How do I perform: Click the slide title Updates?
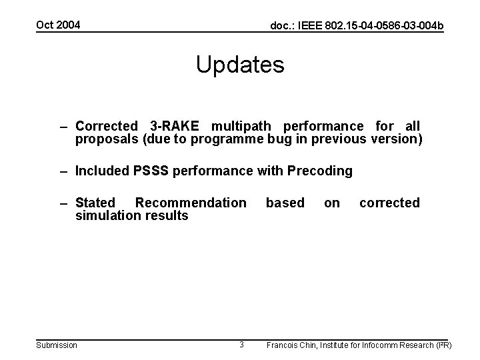[x=240, y=65]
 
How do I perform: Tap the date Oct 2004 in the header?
[x=57, y=25]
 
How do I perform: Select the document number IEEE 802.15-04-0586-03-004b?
[x=357, y=26]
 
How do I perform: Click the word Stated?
[x=95, y=203]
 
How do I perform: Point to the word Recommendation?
[x=191, y=203]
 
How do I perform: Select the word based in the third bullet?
[x=285, y=203]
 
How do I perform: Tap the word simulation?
[x=106, y=215]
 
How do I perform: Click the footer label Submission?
[x=56, y=345]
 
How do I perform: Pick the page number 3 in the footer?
[x=241, y=345]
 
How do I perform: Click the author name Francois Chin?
[x=291, y=345]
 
